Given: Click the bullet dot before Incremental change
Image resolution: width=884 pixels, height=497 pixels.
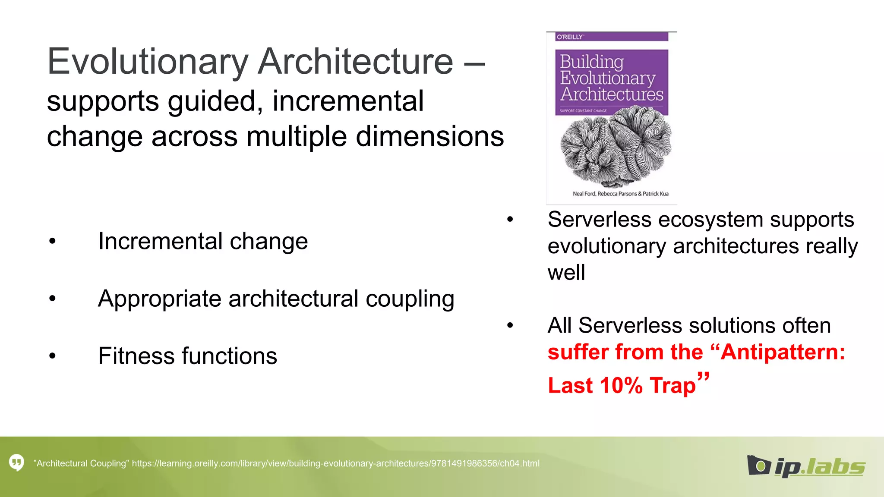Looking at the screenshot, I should [x=53, y=241].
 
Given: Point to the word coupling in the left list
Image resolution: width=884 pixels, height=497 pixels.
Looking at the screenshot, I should [x=410, y=299].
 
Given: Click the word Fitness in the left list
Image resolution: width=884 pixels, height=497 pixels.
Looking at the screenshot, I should [x=136, y=356].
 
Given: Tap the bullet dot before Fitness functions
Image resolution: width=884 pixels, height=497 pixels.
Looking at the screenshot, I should [x=53, y=356].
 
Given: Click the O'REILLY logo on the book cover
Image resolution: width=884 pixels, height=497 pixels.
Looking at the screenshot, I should [x=570, y=37].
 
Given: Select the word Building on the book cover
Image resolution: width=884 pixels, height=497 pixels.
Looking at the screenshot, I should [x=592, y=62].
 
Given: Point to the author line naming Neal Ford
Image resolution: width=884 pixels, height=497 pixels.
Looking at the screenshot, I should [x=620, y=194].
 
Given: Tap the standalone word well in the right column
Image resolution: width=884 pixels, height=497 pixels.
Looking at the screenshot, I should [x=566, y=273].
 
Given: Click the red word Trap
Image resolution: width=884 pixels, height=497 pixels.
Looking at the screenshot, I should [x=673, y=385].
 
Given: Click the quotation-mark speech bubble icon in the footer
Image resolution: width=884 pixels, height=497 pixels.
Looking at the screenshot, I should [x=17, y=463].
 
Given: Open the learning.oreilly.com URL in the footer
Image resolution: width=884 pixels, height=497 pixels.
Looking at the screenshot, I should [x=335, y=463].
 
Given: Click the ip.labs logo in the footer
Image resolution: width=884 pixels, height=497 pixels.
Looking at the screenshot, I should [x=806, y=466].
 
